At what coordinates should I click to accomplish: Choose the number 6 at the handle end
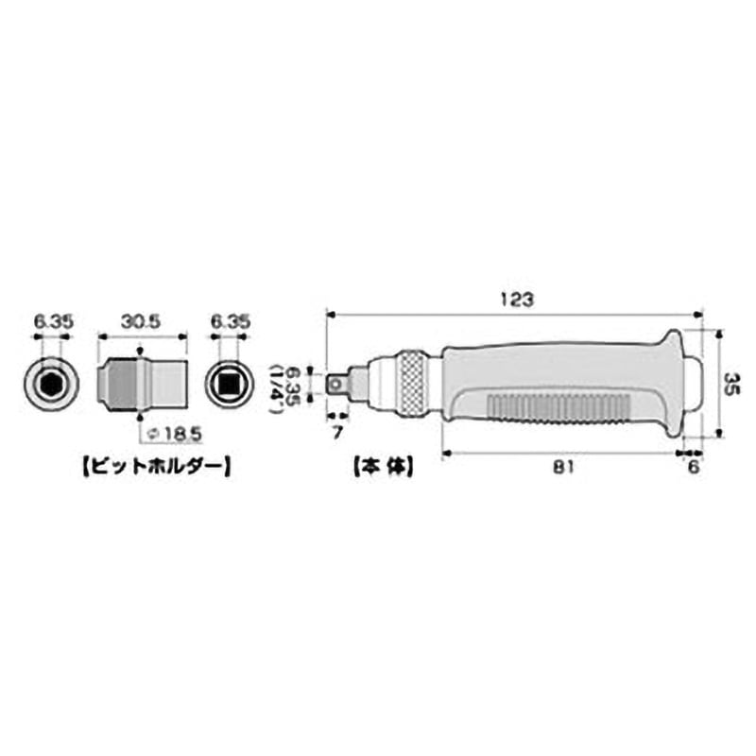[693, 468]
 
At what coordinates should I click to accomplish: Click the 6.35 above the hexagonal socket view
[51, 322]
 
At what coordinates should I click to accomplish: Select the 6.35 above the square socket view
[231, 322]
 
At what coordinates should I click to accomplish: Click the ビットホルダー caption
[157, 466]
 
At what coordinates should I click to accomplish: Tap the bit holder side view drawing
[142, 383]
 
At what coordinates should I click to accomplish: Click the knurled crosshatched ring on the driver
[412, 384]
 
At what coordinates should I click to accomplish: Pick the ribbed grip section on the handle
[558, 408]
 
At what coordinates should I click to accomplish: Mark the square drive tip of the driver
[336, 383]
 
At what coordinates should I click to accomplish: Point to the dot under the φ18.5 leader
[141, 416]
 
